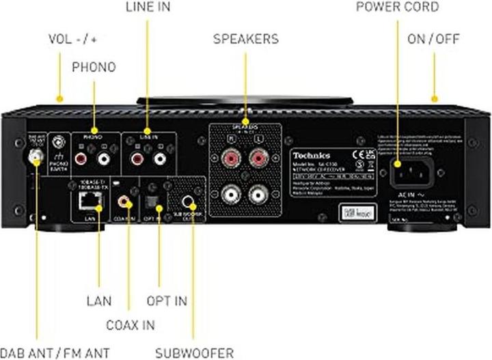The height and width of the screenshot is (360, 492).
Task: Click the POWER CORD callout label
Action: pyautogui.click(x=397, y=8)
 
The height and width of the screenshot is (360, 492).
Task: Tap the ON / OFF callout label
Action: pyautogui.click(x=435, y=39)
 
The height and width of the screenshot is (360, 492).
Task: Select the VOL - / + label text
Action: pyautogui.click(x=72, y=39)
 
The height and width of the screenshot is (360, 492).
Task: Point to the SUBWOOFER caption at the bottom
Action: pyautogui.click(x=194, y=352)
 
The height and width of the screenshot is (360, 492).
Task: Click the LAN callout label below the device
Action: pyautogui.click(x=99, y=300)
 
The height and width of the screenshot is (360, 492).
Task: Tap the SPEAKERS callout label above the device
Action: pyautogui.click(x=245, y=39)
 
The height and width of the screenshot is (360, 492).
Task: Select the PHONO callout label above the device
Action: pyautogui.click(x=94, y=67)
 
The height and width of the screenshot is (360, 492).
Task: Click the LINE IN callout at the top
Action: pyautogui.click(x=148, y=8)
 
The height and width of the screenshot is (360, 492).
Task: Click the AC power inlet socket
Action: pyautogui.click(x=409, y=169)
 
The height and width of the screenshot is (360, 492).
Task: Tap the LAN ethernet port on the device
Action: pyautogui.click(x=87, y=201)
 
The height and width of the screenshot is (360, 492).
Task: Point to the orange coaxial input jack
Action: pyautogui.click(x=124, y=202)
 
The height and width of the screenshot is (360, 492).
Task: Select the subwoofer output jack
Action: pyautogui.click(x=189, y=201)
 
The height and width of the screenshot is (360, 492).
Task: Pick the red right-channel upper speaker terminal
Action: pyautogui.click(x=229, y=160)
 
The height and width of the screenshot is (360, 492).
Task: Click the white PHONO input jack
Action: pyautogui.click(x=104, y=160)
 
